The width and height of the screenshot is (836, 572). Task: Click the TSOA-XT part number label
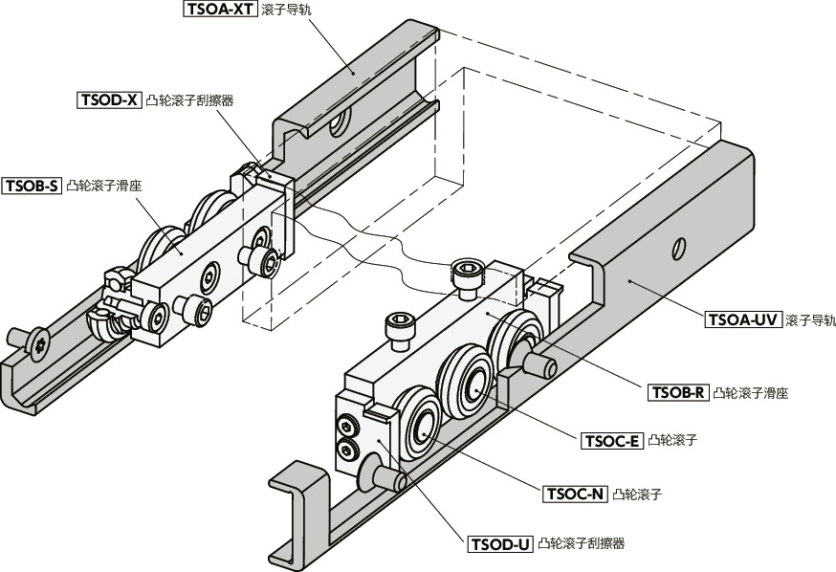(220, 11)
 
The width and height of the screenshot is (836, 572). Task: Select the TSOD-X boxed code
(109, 99)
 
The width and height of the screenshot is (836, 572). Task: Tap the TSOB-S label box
(33, 186)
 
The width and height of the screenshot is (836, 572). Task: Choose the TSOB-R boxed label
(678, 391)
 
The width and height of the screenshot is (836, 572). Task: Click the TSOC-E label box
(611, 440)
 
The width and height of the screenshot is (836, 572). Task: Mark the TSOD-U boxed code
(500, 544)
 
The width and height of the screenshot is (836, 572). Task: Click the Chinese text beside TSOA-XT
(288, 11)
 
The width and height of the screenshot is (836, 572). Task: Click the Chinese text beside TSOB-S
(105, 186)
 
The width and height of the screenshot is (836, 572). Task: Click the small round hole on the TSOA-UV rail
(678, 248)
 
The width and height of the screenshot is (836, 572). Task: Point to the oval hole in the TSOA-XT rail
(338, 126)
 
